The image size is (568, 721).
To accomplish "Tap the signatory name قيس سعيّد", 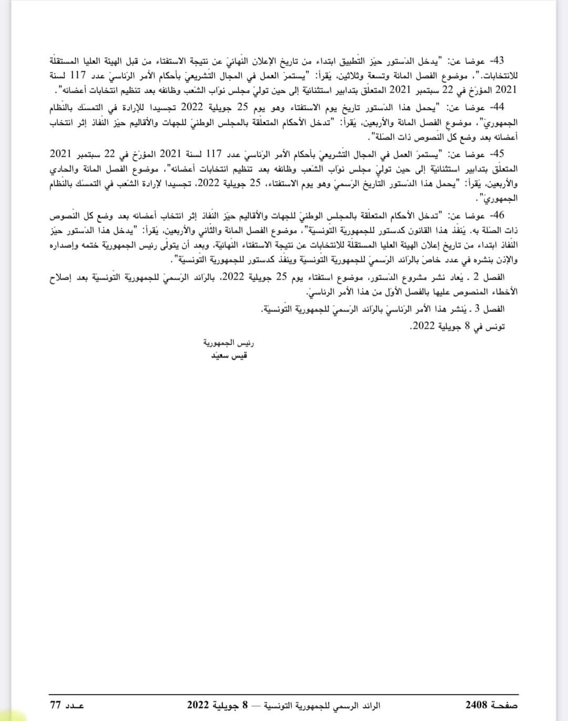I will click(x=228, y=356).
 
